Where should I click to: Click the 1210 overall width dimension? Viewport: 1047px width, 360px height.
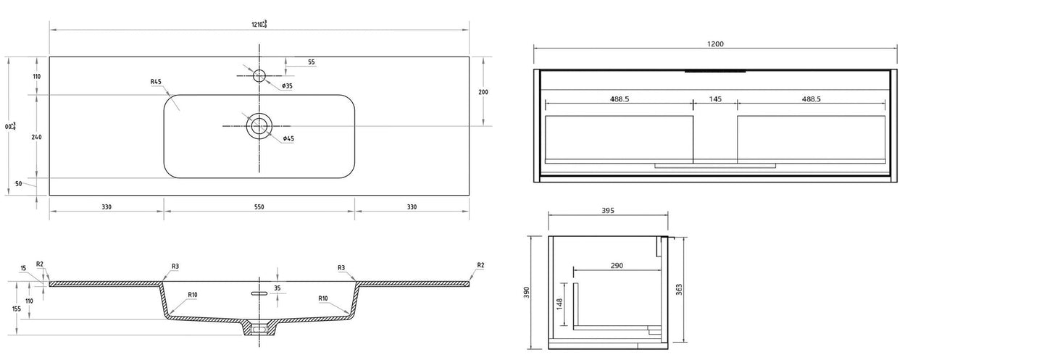pyautogui.click(x=259, y=24)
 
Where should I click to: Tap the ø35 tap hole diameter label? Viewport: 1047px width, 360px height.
pyautogui.click(x=287, y=86)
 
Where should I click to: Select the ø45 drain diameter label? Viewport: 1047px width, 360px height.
pyautogui.click(x=288, y=138)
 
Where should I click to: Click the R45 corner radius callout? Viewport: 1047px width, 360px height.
pyautogui.click(x=156, y=82)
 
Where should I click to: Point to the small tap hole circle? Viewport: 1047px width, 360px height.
pyautogui.click(x=259, y=75)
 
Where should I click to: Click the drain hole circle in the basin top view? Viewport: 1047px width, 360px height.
pyautogui.click(x=259, y=126)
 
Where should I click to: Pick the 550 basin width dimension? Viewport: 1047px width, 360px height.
pyautogui.click(x=259, y=207)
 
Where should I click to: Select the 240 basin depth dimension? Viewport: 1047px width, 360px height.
pyautogui.click(x=36, y=136)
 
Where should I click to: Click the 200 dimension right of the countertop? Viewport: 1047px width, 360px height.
pyautogui.click(x=483, y=92)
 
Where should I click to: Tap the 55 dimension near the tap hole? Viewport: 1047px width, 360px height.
pyautogui.click(x=311, y=62)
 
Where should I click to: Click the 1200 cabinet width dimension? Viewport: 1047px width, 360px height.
pyautogui.click(x=715, y=44)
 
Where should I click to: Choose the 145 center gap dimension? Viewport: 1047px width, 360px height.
pyautogui.click(x=715, y=99)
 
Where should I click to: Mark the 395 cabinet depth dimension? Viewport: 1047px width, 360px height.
pyautogui.click(x=608, y=211)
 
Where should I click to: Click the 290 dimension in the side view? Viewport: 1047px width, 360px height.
pyautogui.click(x=617, y=266)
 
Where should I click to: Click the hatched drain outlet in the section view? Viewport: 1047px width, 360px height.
pyautogui.click(x=259, y=328)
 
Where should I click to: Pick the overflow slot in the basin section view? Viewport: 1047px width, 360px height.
pyautogui.click(x=258, y=293)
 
